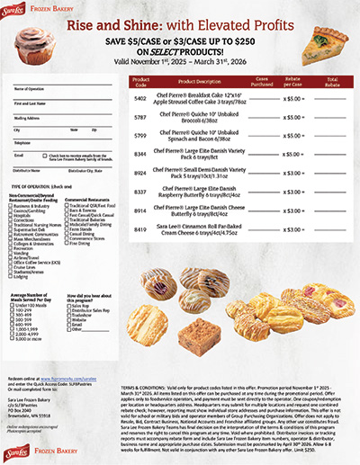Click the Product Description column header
point(198,80)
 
